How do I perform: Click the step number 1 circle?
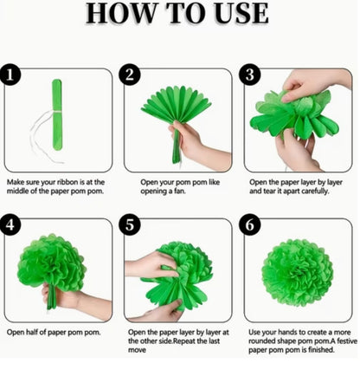coord(10,75)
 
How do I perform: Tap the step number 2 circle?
coord(130,75)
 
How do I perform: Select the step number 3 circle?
coord(250,75)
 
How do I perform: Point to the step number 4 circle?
coord(10,224)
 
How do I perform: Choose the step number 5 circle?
coord(130,224)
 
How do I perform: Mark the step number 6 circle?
coord(250,224)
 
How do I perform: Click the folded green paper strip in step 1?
coord(57,114)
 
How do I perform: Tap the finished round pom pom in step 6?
coord(298,272)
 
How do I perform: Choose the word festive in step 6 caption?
coord(347,341)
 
